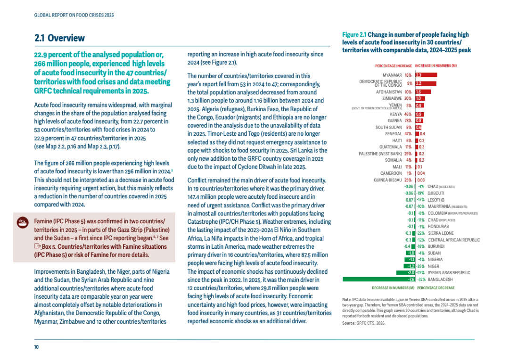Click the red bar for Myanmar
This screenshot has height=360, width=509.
click(426, 75)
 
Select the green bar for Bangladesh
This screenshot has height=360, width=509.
click(379, 279)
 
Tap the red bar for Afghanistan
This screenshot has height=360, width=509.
click(423, 92)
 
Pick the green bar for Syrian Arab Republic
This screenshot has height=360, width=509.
click(406, 273)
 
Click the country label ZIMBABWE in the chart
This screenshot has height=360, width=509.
click(392, 98)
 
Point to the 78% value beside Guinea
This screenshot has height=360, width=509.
click(408, 121)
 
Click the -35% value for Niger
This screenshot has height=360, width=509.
click(420, 266)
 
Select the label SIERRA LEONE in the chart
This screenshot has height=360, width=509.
click(441, 233)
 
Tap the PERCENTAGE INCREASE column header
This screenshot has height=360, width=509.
click(394, 66)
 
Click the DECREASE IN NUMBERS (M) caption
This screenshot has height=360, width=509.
click(393, 288)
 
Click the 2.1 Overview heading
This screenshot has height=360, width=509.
click(59, 38)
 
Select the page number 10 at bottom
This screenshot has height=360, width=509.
click(36, 347)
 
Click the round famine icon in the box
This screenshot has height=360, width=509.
click(23, 222)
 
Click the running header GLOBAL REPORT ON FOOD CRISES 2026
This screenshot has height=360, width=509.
click(74, 15)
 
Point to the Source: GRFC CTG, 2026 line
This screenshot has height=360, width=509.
click(363, 323)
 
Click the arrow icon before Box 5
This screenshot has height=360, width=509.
click(37, 246)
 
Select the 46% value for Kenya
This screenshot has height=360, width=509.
click(408, 114)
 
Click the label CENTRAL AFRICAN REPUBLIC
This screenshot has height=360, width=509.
click(454, 240)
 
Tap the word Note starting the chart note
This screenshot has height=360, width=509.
click(346, 300)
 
